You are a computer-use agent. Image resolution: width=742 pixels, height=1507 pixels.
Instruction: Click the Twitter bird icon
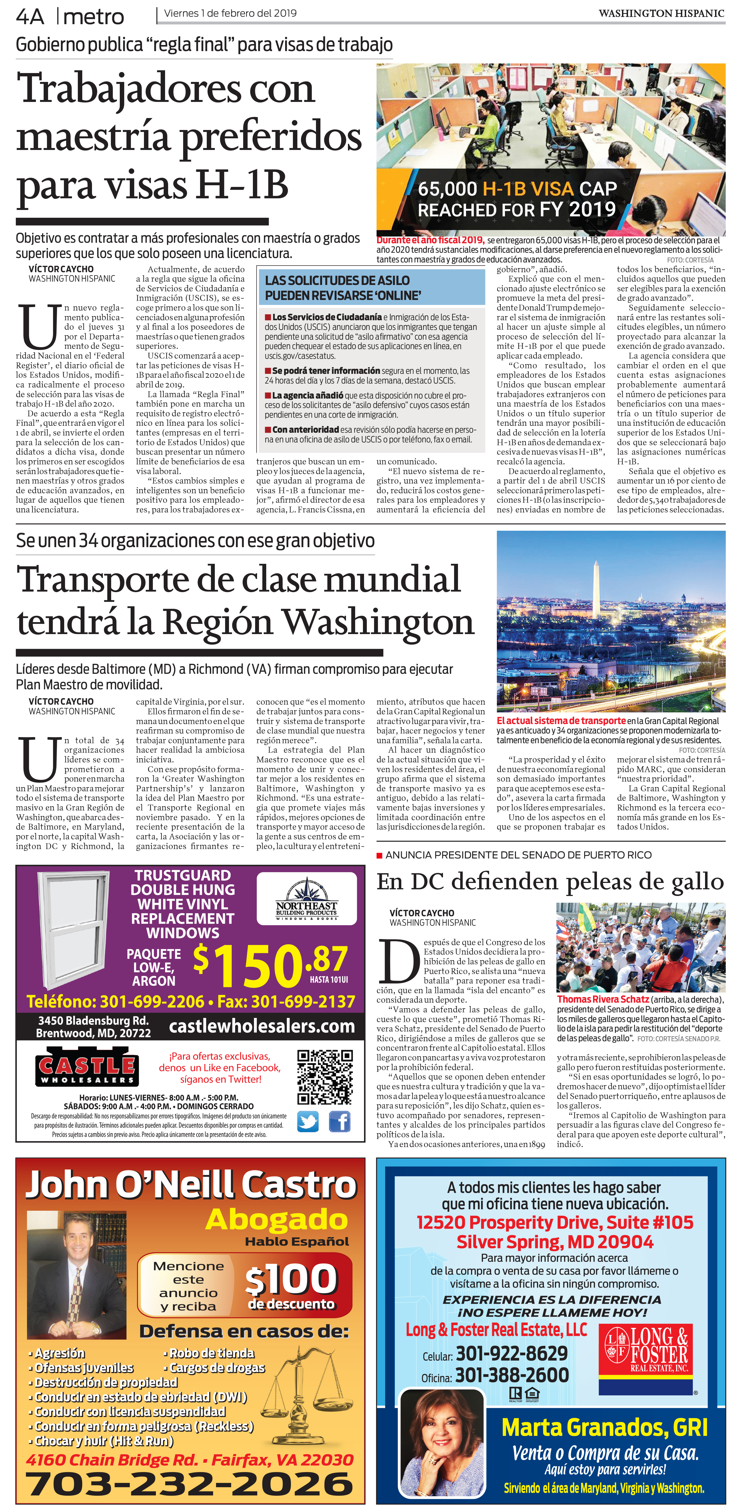coord(308,1122)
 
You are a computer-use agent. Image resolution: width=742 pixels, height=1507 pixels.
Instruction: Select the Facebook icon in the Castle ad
coord(339,1122)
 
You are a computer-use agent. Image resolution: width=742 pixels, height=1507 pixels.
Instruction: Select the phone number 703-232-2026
coord(189,1484)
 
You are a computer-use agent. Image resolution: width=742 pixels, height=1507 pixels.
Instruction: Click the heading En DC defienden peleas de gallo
coord(550,881)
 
